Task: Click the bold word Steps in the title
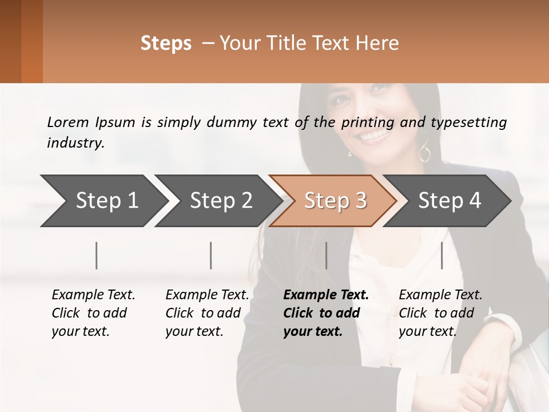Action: pos(166,43)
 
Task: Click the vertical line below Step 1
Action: pos(96,255)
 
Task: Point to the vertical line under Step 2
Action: pos(211,255)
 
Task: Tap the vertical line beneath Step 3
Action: pos(327,255)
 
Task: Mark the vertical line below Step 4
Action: pos(442,255)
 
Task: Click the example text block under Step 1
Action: pos(93,313)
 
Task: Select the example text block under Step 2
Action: pos(207,313)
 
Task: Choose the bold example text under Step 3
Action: pos(326,313)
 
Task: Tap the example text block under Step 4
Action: pos(440,313)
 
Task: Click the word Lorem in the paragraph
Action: pos(67,122)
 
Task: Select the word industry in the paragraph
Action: pos(75,142)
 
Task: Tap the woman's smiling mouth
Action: pos(373,135)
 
